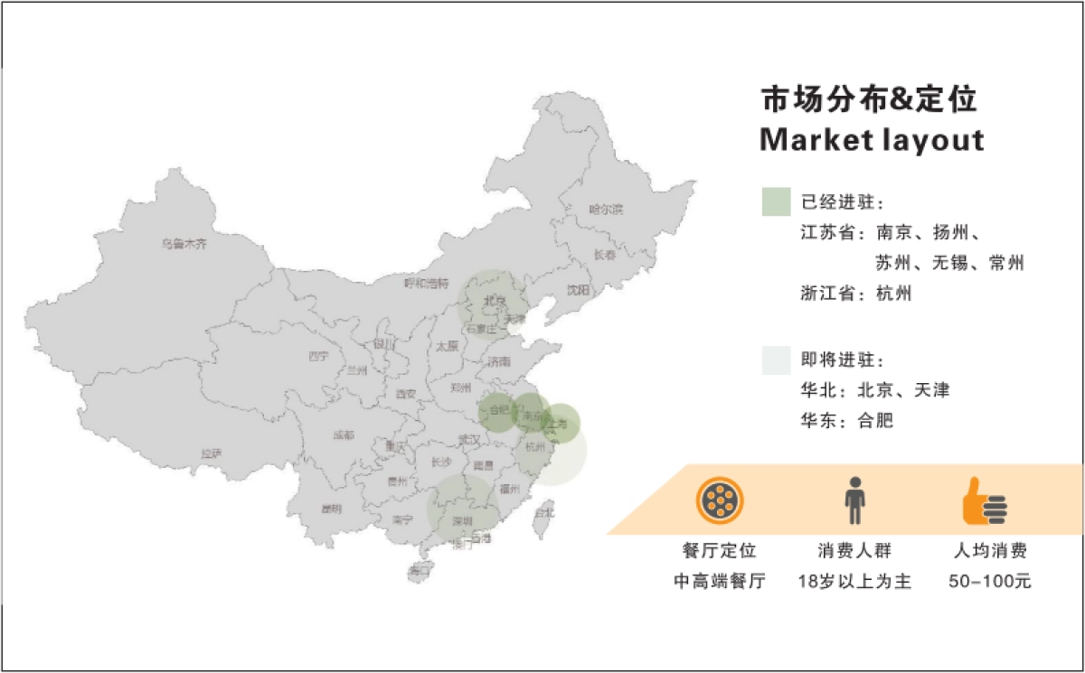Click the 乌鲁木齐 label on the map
pos(184,244)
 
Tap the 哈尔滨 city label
pos(606,210)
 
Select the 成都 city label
pos(344,435)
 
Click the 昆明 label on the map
pos(332,509)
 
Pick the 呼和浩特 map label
pos(426,284)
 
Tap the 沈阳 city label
pos(578,290)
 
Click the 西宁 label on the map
pos(317,356)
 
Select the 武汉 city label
pos(469,439)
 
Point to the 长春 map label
pos(605,255)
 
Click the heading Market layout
pos(872,141)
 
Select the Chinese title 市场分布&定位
pos(869,99)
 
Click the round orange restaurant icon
pos(720,500)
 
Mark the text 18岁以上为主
pos(854,582)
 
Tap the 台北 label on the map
pos(544,512)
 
